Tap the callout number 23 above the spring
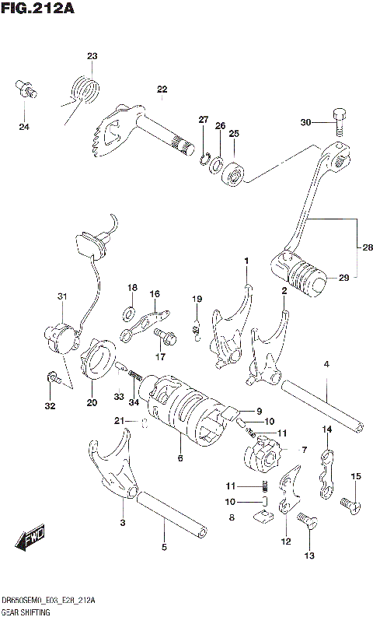[92, 56]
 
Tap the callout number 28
[367, 247]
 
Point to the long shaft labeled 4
[322, 403]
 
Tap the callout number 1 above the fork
[246, 261]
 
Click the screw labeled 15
[349, 503]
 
